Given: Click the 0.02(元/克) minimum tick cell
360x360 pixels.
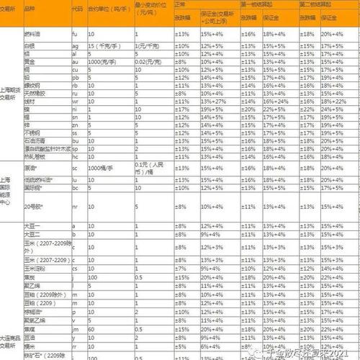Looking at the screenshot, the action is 148,62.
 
